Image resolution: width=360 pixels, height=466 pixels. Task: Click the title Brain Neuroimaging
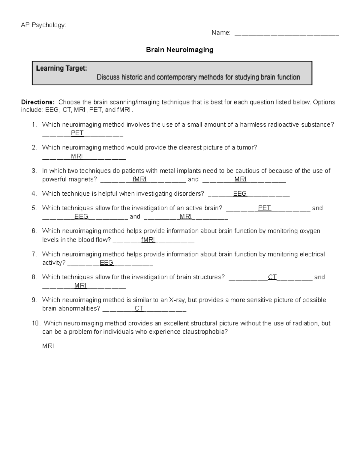pyautogui.click(x=179, y=50)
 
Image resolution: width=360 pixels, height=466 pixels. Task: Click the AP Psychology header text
pyautogui.click(x=43, y=25)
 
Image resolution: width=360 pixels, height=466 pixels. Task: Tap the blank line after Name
pyautogui.click(x=286, y=33)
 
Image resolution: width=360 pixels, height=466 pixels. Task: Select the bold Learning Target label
pyautogui.click(x=61, y=68)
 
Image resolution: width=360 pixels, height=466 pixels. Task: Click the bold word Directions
pyautogui.click(x=38, y=102)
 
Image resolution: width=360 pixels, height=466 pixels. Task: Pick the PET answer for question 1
pyautogui.click(x=77, y=133)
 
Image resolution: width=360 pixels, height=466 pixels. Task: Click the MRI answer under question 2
pyautogui.click(x=77, y=156)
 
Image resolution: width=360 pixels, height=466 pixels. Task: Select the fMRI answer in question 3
pyautogui.click(x=139, y=179)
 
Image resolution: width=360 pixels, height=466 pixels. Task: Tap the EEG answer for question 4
pyautogui.click(x=240, y=194)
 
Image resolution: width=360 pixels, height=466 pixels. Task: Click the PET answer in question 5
pyautogui.click(x=264, y=208)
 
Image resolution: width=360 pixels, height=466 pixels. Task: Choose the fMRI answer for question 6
pyautogui.click(x=148, y=240)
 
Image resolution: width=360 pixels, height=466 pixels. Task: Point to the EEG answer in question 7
pyautogui.click(x=106, y=263)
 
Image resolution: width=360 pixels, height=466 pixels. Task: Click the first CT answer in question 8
pyautogui.click(x=272, y=277)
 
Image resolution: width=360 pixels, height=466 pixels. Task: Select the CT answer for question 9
pyautogui.click(x=139, y=308)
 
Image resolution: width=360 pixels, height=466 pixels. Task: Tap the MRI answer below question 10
pyautogui.click(x=48, y=346)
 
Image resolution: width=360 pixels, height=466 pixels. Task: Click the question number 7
pyautogui.click(x=34, y=254)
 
